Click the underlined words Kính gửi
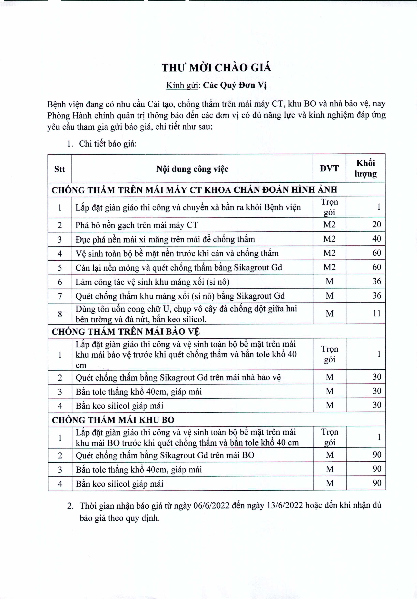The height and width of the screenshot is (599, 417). pos(182,85)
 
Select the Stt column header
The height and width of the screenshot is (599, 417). pos(59,169)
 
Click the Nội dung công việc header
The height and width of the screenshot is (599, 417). pos(192,169)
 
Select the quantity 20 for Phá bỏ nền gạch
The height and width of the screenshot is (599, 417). pos(377,224)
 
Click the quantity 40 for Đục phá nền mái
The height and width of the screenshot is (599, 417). pos(377,239)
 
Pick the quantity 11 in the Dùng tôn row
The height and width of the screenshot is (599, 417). pos(377,313)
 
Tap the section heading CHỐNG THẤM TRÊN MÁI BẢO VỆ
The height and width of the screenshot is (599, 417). pos(126,332)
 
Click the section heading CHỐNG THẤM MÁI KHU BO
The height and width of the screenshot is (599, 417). pos(113,420)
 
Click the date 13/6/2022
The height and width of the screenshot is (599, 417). pos(285,506)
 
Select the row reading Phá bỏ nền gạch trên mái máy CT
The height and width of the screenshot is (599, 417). pos(137,225)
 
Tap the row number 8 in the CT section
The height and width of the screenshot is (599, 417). pos(60,314)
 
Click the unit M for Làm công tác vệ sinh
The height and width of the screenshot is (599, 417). pos(329,282)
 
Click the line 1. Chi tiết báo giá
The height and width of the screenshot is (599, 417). pos(102,144)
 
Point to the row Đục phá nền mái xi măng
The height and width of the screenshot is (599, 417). pos(165,239)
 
